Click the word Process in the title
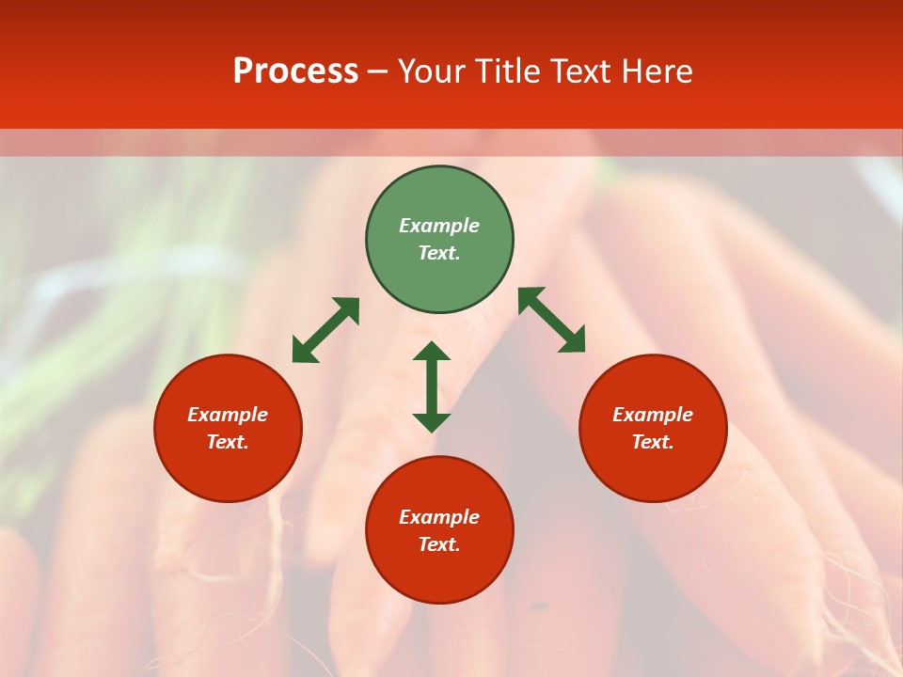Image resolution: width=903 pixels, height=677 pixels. pyautogui.click(x=295, y=71)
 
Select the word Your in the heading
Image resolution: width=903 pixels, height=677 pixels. pyautogui.click(x=433, y=71)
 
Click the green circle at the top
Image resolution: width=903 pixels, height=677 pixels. pyautogui.click(x=439, y=197)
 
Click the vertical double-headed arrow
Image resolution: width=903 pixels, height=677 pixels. pyautogui.click(x=432, y=386)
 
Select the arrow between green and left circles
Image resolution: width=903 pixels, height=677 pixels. pyautogui.click(x=325, y=330)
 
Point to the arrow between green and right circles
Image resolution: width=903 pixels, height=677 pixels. pyautogui.click(x=551, y=320)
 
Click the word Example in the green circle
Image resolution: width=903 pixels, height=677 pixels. pyautogui.click(x=439, y=226)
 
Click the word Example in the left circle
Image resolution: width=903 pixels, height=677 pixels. pyautogui.click(x=228, y=415)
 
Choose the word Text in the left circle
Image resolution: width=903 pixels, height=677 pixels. pyautogui.click(x=228, y=442)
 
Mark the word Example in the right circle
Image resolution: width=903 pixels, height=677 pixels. pyautogui.click(x=653, y=415)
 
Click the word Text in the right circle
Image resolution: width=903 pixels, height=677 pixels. pyautogui.click(x=653, y=442)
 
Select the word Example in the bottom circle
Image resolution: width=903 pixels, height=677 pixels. pyautogui.click(x=439, y=517)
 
